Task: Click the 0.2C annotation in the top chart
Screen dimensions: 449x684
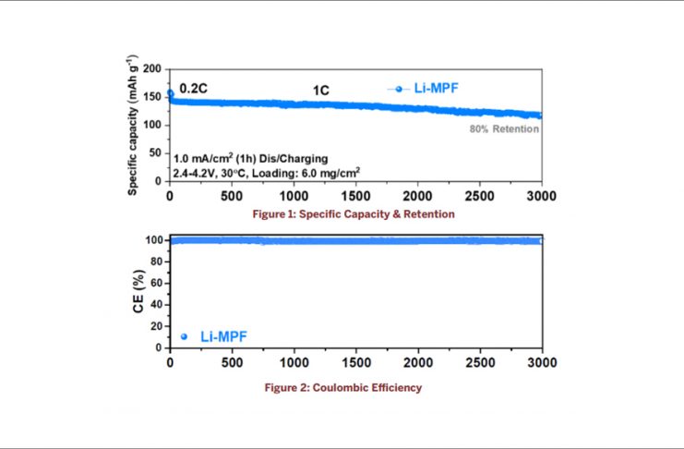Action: click(x=193, y=89)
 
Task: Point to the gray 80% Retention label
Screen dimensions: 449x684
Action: click(x=503, y=129)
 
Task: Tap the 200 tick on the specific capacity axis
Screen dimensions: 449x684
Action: click(x=152, y=69)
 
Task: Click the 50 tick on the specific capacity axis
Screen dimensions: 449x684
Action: click(x=156, y=153)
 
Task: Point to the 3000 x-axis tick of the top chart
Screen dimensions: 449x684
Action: click(x=542, y=196)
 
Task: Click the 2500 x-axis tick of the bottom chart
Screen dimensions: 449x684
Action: click(x=480, y=362)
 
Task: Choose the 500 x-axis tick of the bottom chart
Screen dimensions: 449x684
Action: click(x=232, y=362)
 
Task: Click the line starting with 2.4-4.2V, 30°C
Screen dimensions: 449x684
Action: click(x=267, y=172)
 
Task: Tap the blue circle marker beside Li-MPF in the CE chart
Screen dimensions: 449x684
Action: click(x=183, y=337)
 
